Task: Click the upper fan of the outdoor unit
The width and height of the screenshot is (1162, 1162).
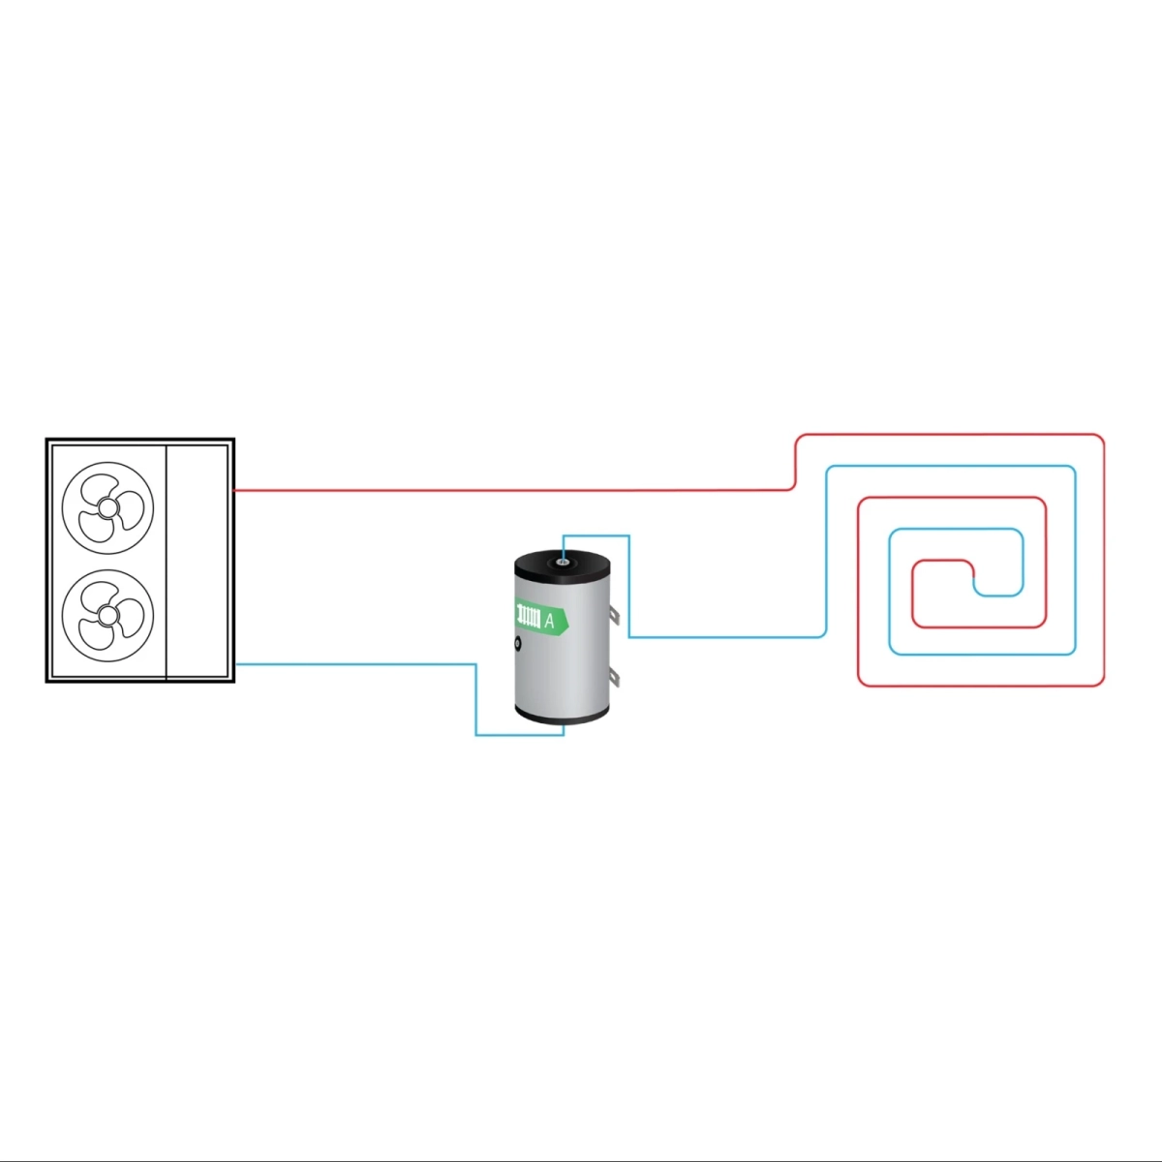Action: [x=107, y=507]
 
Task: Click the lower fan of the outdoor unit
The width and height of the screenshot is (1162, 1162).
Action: [x=107, y=616]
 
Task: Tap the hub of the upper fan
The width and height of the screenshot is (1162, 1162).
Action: [x=107, y=507]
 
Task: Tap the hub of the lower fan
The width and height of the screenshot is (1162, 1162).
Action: [x=107, y=616]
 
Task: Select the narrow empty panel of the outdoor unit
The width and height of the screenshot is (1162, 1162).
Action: [x=198, y=562]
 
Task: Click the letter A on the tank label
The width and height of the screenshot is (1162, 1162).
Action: [x=549, y=621]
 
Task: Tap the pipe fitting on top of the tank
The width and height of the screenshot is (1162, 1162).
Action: [x=563, y=563]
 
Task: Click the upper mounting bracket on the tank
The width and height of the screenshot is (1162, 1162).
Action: [x=614, y=615]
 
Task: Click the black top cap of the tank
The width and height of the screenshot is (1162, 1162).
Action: [x=563, y=564]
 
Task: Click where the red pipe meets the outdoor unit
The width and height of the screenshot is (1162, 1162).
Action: [x=234, y=491]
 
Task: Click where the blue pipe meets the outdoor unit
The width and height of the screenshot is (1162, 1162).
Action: [x=235, y=664]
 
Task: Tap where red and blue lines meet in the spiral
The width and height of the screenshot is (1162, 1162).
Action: [x=974, y=578]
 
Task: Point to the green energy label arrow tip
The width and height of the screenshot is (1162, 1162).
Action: [x=569, y=621]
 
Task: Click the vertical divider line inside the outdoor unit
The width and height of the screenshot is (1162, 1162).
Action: [x=166, y=562]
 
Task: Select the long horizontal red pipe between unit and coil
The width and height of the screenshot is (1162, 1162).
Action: [x=511, y=491]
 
